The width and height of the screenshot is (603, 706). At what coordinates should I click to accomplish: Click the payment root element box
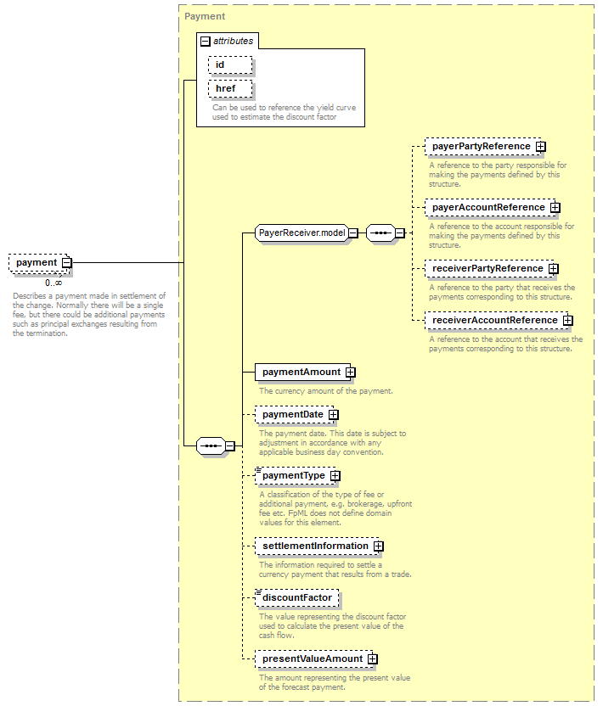[x=40, y=262]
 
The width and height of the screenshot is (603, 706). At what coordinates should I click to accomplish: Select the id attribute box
[x=230, y=64]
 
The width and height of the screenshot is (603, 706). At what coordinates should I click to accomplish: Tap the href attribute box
[x=230, y=89]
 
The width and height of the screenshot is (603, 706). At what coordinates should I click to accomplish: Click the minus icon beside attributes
[x=205, y=42]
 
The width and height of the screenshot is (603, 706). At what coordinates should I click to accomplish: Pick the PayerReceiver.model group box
[x=307, y=233]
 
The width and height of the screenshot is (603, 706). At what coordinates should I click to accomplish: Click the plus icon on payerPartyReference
[x=540, y=147]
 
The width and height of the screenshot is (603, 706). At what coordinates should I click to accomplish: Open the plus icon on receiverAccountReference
[x=568, y=321]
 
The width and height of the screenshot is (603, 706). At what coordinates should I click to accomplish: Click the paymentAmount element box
[x=305, y=373]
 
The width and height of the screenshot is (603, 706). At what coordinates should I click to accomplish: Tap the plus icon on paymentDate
[x=334, y=415]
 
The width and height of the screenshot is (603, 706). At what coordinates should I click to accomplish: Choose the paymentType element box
[x=297, y=476]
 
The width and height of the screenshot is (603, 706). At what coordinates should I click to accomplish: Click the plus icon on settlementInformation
[x=379, y=546]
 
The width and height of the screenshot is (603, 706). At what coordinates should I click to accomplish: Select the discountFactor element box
[x=297, y=598]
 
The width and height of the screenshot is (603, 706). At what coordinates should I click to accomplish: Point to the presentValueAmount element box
[x=317, y=659]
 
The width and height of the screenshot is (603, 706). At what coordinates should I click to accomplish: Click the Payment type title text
[x=205, y=16]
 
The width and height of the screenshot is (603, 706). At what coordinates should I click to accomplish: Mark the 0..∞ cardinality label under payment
[x=54, y=283]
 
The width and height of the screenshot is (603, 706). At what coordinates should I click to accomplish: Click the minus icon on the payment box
[x=67, y=262]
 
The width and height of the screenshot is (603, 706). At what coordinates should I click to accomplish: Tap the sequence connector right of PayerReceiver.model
[x=380, y=233]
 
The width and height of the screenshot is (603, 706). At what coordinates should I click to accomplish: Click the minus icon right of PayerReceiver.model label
[x=354, y=233]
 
